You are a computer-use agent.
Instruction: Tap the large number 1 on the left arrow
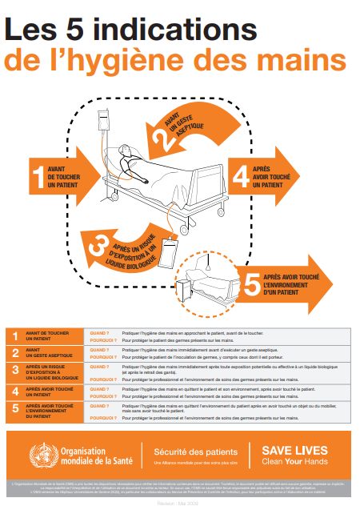(x=37, y=175)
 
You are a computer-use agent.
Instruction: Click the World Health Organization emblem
(x=40, y=454)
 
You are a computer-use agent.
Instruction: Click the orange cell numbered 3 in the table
(x=14, y=369)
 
